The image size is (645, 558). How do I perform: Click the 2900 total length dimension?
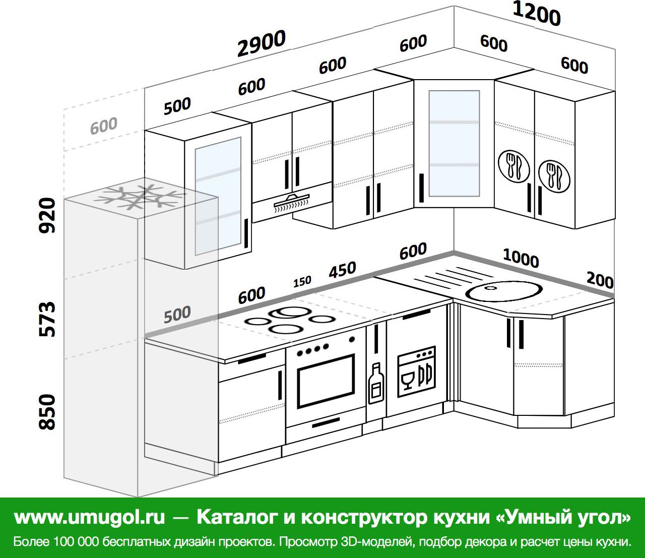[x=261, y=43]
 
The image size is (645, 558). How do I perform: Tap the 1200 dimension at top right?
[x=536, y=14]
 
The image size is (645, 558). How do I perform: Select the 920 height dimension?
[x=47, y=215]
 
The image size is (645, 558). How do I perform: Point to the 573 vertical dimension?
[x=47, y=319]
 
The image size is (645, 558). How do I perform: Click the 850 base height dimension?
[x=47, y=412]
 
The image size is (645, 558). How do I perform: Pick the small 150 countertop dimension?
[x=302, y=281]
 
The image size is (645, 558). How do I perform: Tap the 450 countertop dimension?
[x=342, y=269]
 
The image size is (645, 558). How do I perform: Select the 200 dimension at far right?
[x=600, y=280]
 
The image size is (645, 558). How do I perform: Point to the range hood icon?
[x=292, y=203]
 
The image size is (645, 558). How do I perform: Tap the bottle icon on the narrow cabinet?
[x=376, y=383]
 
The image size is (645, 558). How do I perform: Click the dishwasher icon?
[x=416, y=371]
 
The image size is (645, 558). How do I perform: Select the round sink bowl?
[x=504, y=291]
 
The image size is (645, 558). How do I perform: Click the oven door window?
[x=326, y=381]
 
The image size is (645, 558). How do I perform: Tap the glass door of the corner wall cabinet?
[x=454, y=144]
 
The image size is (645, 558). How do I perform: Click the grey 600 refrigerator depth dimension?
[x=104, y=126]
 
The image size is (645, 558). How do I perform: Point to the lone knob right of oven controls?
[x=352, y=339]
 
